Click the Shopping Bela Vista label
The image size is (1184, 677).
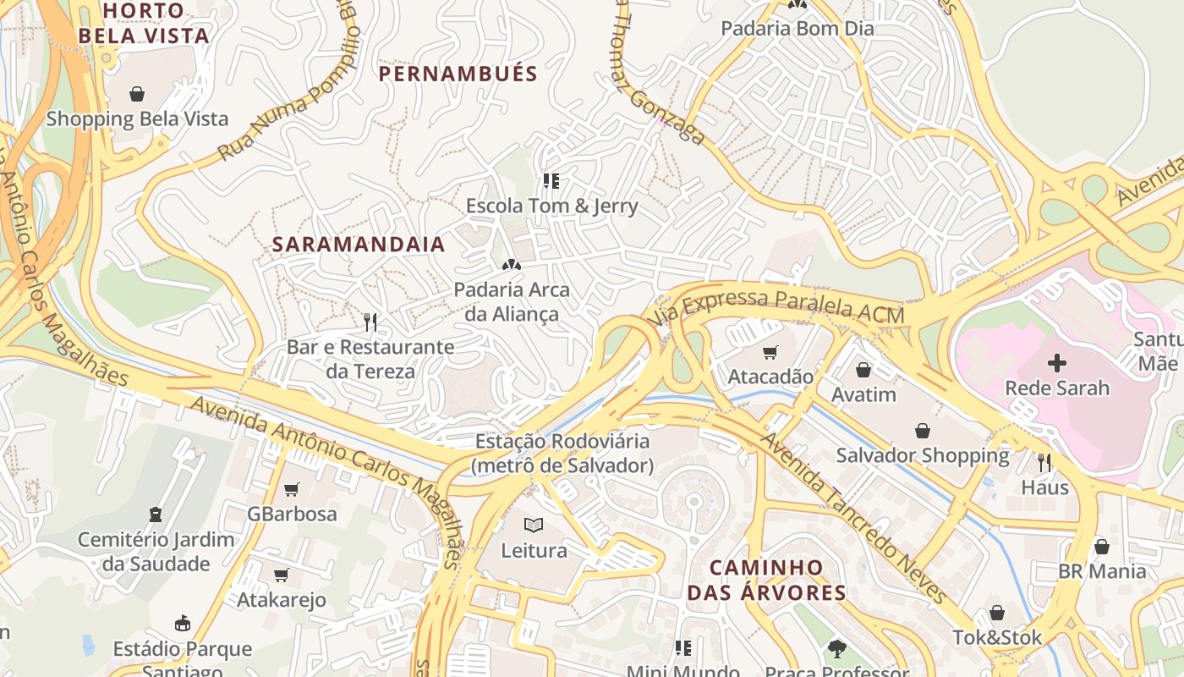[137, 118]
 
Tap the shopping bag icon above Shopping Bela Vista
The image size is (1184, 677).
[137, 93]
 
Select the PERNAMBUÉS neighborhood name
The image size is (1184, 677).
[458, 74]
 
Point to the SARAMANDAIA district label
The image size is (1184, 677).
[358, 245]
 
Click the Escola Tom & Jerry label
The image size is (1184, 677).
[551, 206]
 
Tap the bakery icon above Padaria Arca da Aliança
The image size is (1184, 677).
[511, 265]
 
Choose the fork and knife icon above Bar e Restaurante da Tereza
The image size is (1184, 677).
[370, 322]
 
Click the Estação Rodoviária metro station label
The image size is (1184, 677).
[562, 454]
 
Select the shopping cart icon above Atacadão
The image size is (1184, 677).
[770, 352]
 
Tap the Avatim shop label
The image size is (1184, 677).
[863, 395]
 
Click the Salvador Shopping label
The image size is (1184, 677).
[923, 455]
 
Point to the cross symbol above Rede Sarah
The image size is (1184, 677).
[1056, 364]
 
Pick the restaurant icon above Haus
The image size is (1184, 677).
[1044, 462]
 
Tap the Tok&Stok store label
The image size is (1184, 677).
[997, 637]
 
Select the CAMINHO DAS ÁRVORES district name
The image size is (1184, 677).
[766, 580]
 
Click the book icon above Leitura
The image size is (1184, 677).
[533, 525]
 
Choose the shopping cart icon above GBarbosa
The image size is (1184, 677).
[292, 489]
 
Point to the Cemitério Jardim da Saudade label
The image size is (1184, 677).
[156, 552]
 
